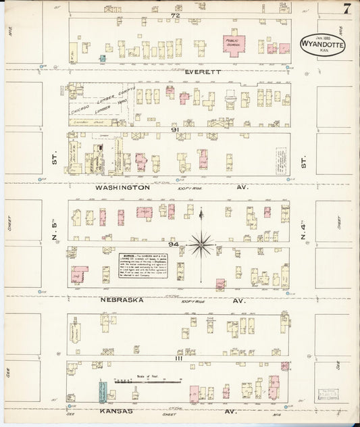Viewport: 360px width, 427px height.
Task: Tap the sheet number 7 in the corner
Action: (346, 9)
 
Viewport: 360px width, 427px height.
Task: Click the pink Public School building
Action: (234, 45)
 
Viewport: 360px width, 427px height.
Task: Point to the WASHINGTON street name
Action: (122, 187)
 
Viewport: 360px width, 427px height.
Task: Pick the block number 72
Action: (176, 14)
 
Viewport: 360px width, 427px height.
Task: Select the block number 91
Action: (174, 129)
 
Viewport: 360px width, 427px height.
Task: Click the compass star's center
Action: (201, 243)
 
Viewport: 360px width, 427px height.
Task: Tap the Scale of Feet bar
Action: (148, 382)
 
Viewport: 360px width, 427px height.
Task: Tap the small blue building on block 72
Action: (103, 59)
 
